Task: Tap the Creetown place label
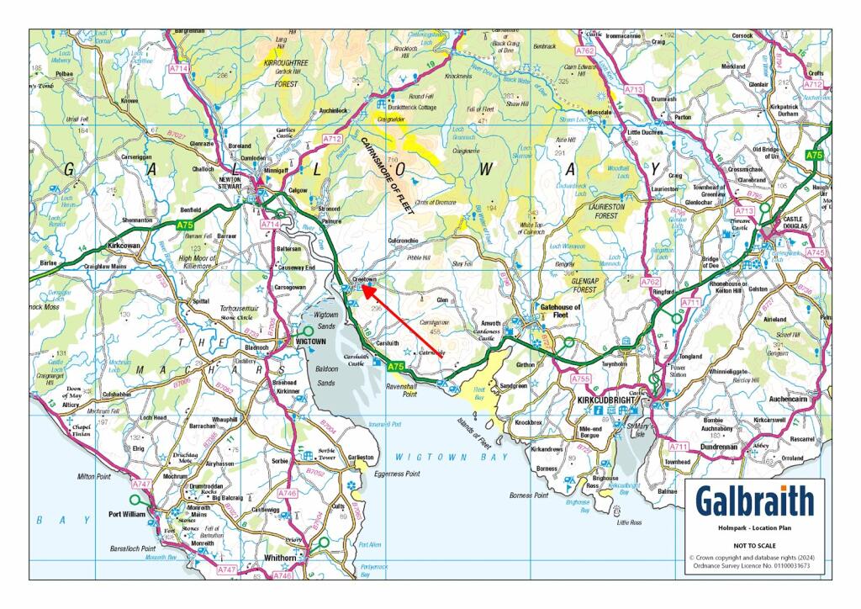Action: click(x=364, y=279)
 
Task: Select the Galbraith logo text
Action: click(x=754, y=502)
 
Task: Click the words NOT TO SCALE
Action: click(x=754, y=544)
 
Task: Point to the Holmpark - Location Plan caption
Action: click(x=754, y=528)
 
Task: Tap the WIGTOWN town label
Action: click(x=314, y=342)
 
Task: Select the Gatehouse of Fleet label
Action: click(x=561, y=314)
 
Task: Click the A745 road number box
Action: click(x=816, y=252)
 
